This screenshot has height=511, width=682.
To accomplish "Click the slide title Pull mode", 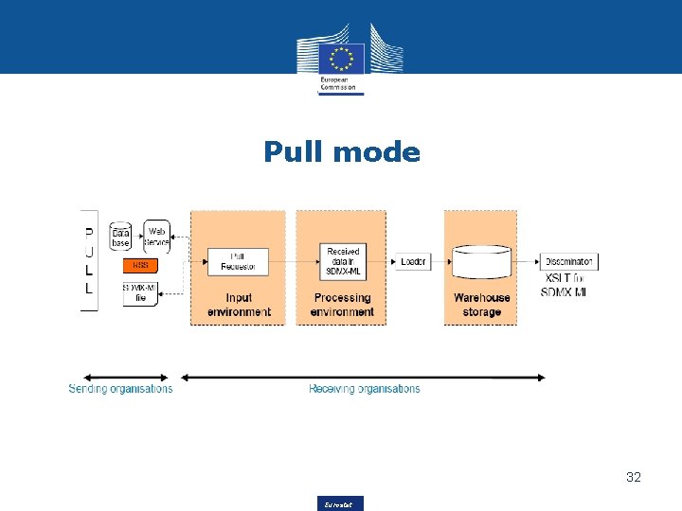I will [x=341, y=151].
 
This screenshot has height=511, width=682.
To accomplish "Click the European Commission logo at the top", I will [x=341, y=59].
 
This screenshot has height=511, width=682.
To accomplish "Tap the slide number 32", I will [x=634, y=477].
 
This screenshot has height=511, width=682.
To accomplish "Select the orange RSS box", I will [x=140, y=265].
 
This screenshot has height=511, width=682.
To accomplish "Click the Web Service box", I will [x=156, y=236].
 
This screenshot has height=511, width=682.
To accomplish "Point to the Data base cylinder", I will [x=120, y=236].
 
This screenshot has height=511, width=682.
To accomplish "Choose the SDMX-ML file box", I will [x=140, y=292].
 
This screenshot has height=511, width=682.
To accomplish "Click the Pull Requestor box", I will [x=238, y=261].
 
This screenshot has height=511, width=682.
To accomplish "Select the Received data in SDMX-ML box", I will [x=343, y=261].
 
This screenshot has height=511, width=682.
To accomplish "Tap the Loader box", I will [x=413, y=261].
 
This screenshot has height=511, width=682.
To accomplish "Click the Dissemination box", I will [x=569, y=261].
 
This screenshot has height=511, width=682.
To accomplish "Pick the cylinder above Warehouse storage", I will [x=481, y=262].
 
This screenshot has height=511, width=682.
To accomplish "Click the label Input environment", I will [x=239, y=305].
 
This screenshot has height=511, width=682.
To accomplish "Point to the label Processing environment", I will [x=343, y=305].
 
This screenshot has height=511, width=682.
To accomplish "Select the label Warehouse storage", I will [x=481, y=305].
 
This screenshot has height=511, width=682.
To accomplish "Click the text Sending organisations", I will [x=120, y=389].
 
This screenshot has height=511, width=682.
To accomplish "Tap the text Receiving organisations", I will [x=364, y=389].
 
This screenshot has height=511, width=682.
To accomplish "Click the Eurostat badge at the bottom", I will [x=341, y=503].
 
